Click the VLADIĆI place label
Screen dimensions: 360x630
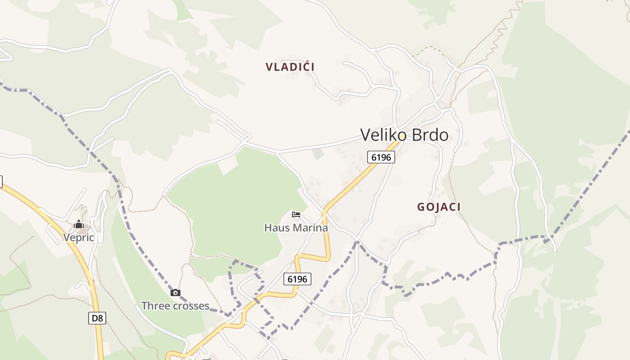[x=290, y=67]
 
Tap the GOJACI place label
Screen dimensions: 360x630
[x=439, y=207]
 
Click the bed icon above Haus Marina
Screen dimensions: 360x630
[x=296, y=214]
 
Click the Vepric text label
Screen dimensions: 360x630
[x=79, y=238]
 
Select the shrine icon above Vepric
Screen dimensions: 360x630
[x=79, y=224]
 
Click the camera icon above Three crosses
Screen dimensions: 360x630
[x=175, y=293]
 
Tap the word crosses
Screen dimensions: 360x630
[x=192, y=306]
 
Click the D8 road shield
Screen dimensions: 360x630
[x=97, y=318]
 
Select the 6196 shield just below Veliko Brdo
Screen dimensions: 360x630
[x=381, y=157]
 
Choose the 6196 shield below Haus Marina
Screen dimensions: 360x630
[x=297, y=279]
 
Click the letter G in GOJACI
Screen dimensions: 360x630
[x=421, y=207]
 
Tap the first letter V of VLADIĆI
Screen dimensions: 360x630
[x=269, y=67]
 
